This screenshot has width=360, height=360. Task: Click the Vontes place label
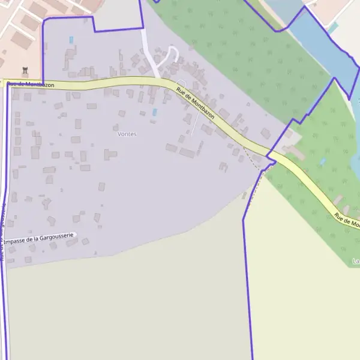pyautogui.click(x=127, y=134)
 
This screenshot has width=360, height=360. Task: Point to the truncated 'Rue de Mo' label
pyautogui.click(x=347, y=221)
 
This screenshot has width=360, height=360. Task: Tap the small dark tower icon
pyautogui.click(x=25, y=70)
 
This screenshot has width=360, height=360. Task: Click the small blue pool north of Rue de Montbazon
pyautogui.click(x=71, y=40)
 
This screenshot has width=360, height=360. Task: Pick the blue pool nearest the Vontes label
pyautogui.click(x=154, y=112)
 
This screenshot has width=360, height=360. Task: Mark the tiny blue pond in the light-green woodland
pyautogui.click(x=322, y=161)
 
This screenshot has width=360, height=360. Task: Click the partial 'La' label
pyautogui.click(x=356, y=261)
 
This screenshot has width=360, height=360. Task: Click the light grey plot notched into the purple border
pyautogui.click(x=117, y=13)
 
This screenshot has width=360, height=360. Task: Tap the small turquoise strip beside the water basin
pyautogui.click(x=333, y=28)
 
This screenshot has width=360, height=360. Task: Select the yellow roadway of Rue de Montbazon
pyautogui.click(x=120, y=83)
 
